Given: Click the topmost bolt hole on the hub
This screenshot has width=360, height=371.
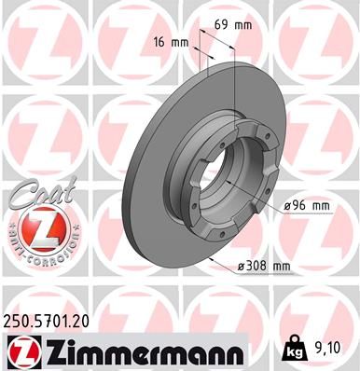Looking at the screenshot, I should tap(224, 118).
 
